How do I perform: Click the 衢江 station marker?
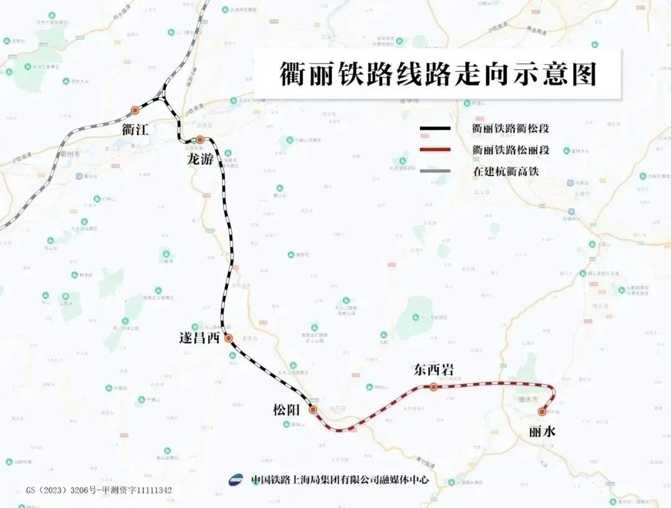pyautogui.click(x=135, y=111)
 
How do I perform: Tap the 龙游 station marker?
pyautogui.click(x=200, y=140)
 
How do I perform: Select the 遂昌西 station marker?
pyautogui.click(x=228, y=338)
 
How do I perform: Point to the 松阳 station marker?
pyautogui.click(x=313, y=410)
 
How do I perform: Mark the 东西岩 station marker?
pyautogui.click(x=434, y=387)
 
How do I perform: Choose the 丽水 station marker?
pyautogui.click(x=542, y=412)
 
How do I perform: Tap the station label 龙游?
pyautogui.click(x=200, y=159)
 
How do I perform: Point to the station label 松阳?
pyautogui.click(x=286, y=410)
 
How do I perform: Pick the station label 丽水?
pyautogui.click(x=542, y=431)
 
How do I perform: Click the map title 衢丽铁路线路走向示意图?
pyautogui.click(x=437, y=74)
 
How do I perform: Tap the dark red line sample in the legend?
pyautogui.click(x=435, y=150)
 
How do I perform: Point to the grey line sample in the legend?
pyautogui.click(x=435, y=170)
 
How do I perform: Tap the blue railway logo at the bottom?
pyautogui.click(x=236, y=480)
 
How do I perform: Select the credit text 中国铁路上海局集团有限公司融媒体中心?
pyautogui.click(x=340, y=480)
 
